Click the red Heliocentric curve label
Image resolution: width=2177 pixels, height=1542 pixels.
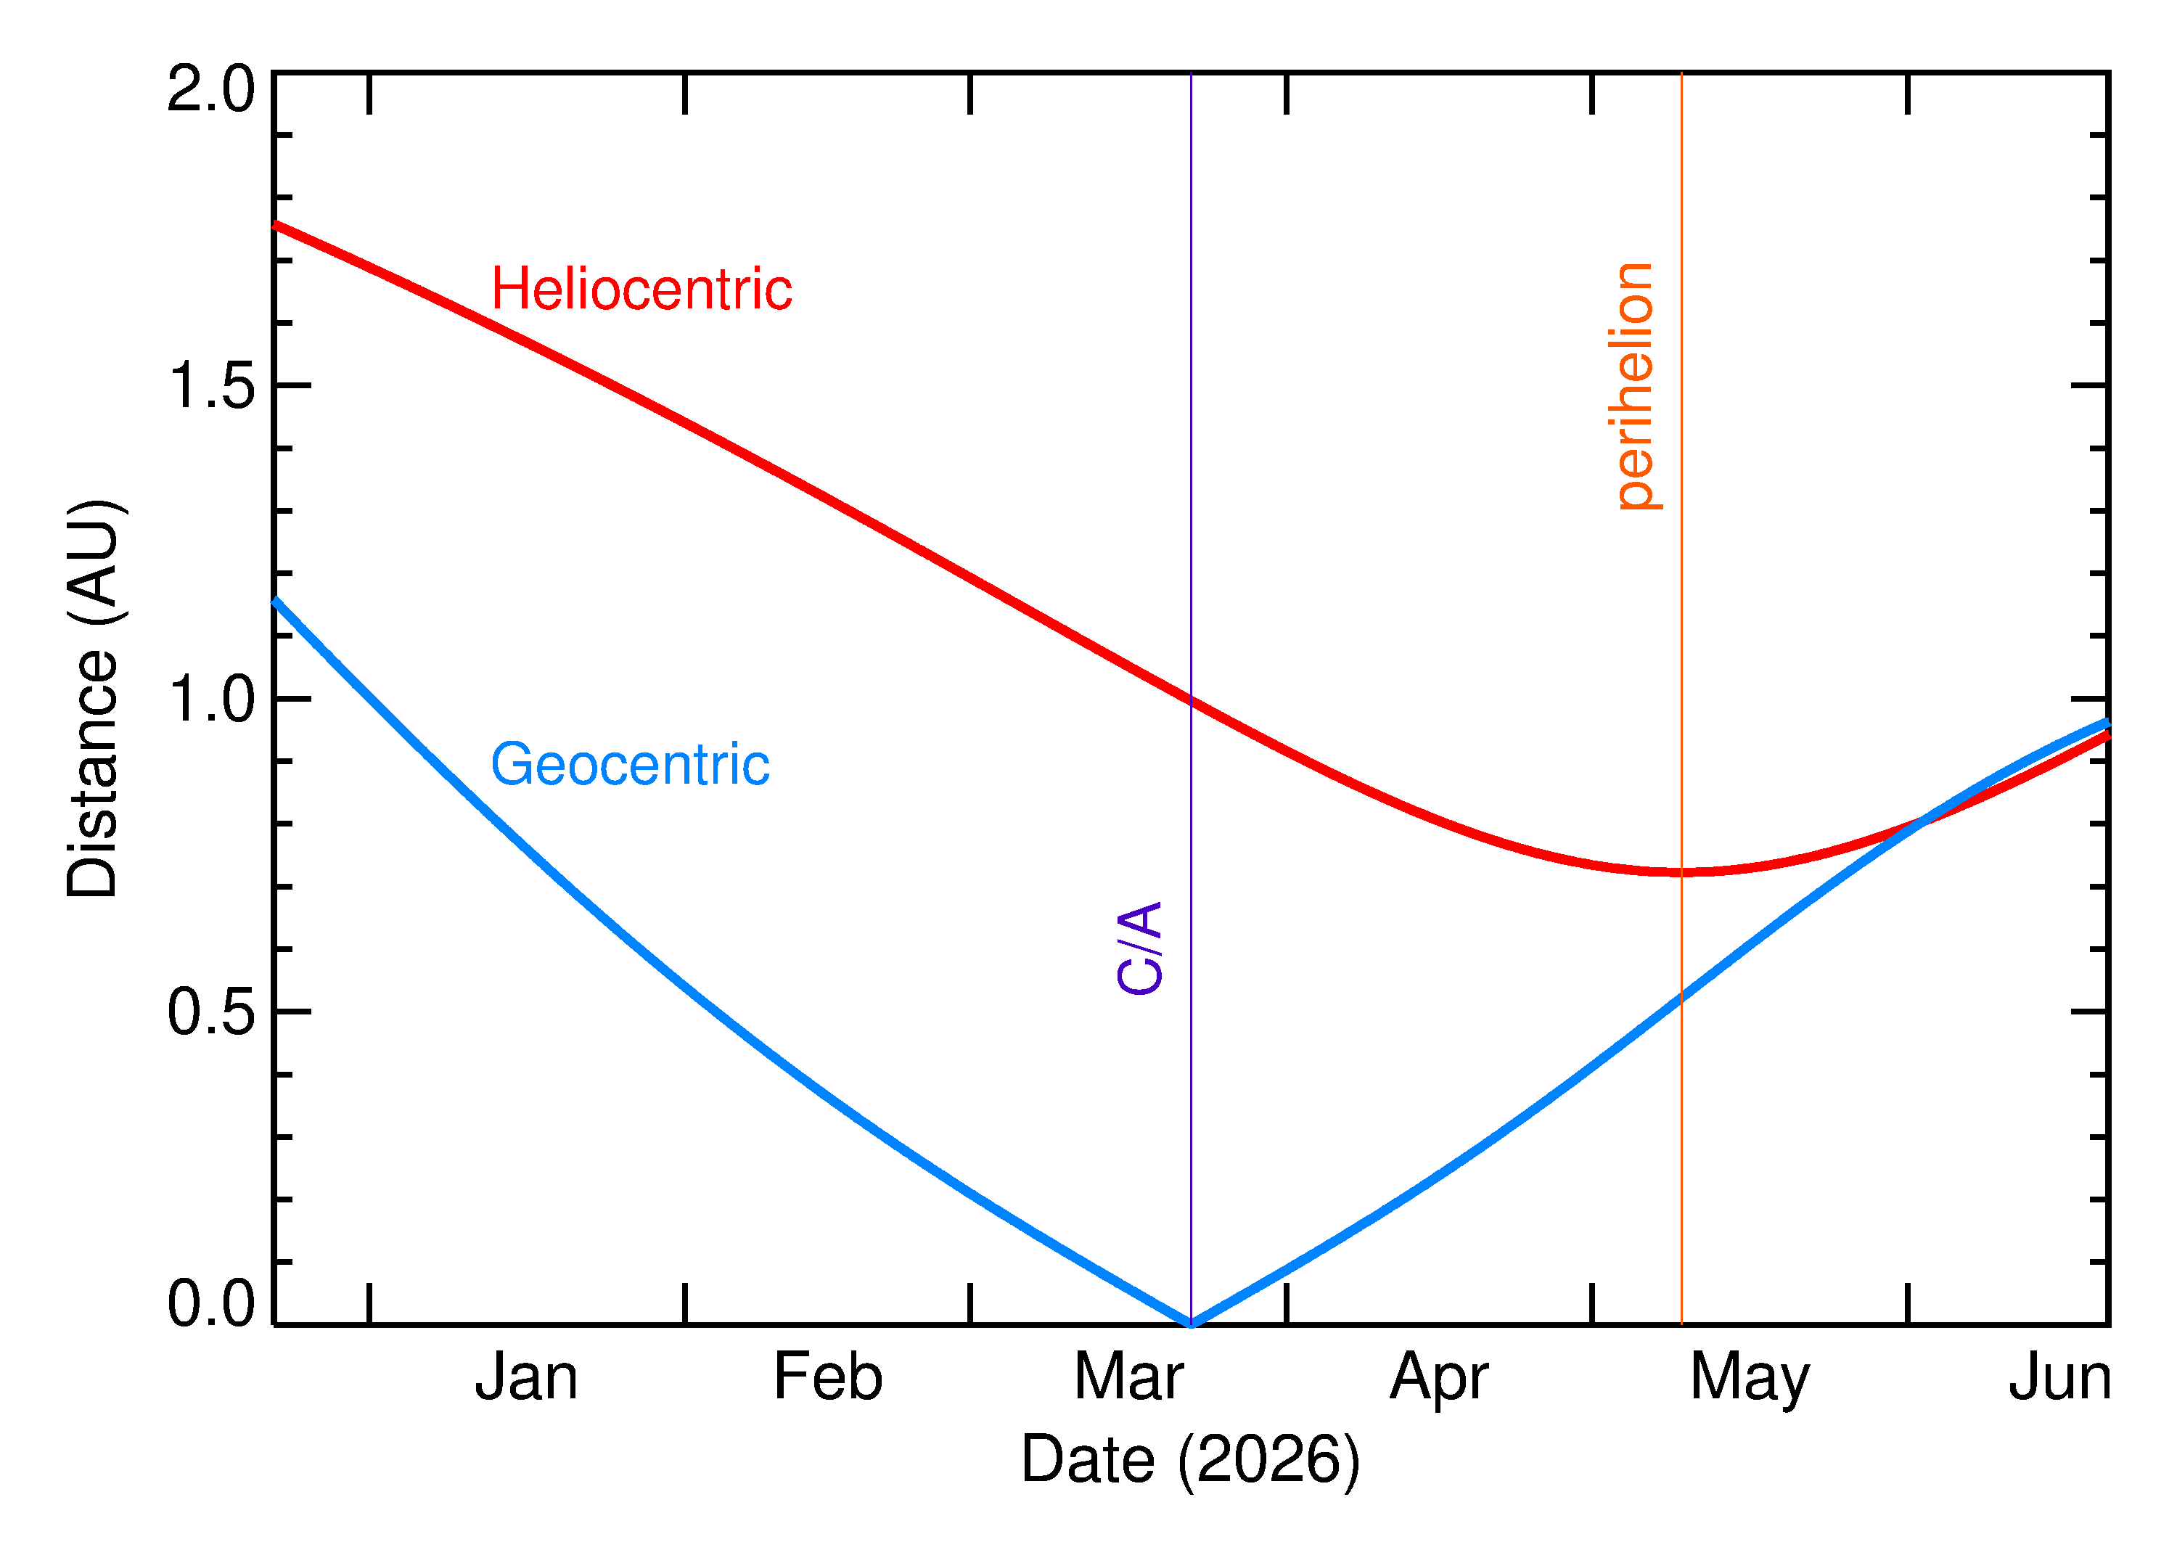(x=641, y=290)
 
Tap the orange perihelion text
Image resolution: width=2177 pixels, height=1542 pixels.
(x=1635, y=387)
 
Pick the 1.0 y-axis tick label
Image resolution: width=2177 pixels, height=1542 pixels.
(x=210, y=700)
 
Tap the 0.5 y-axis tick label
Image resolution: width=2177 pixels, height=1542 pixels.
(x=210, y=1012)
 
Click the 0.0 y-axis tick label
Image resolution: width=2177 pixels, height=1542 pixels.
(x=210, y=1304)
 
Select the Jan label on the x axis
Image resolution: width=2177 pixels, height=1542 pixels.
(x=526, y=1378)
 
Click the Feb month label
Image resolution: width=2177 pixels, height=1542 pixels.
(x=828, y=1378)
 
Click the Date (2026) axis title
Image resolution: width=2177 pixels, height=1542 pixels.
(x=1189, y=1459)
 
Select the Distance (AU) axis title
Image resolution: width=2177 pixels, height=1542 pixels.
(x=92, y=698)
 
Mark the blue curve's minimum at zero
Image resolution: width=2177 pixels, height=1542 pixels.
(x=1191, y=1323)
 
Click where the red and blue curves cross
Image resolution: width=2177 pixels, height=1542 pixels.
(x=1921, y=821)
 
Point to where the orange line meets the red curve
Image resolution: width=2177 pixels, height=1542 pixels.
(x=1681, y=872)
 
